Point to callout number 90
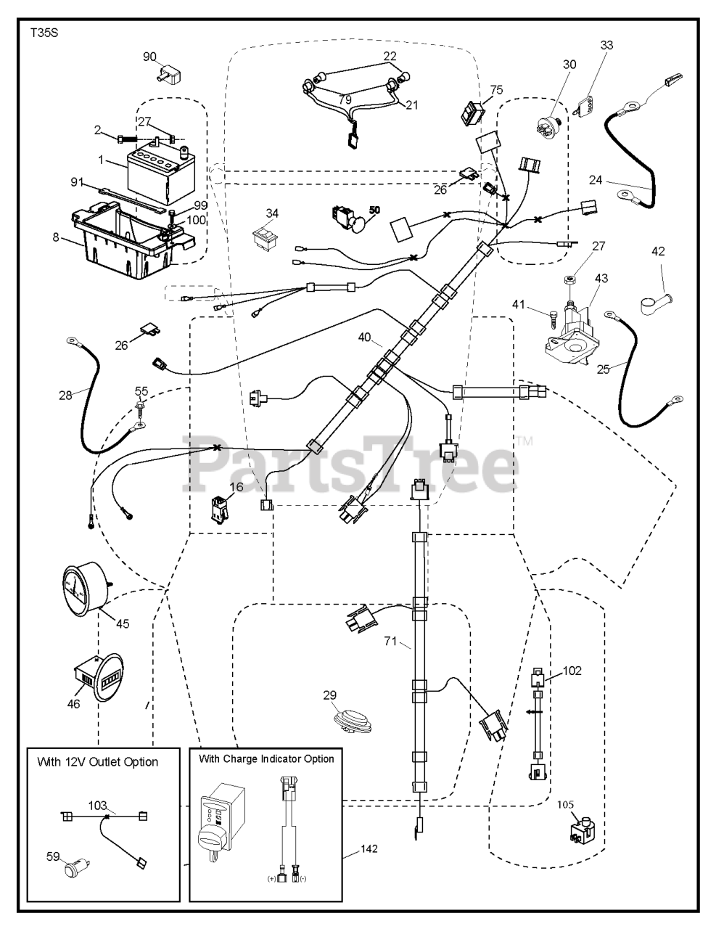[x=149, y=57]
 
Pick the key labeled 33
[x=585, y=102]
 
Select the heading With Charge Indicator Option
[x=266, y=758]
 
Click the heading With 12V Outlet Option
[x=97, y=761]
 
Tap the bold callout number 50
[x=374, y=210]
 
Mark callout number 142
[x=369, y=848]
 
